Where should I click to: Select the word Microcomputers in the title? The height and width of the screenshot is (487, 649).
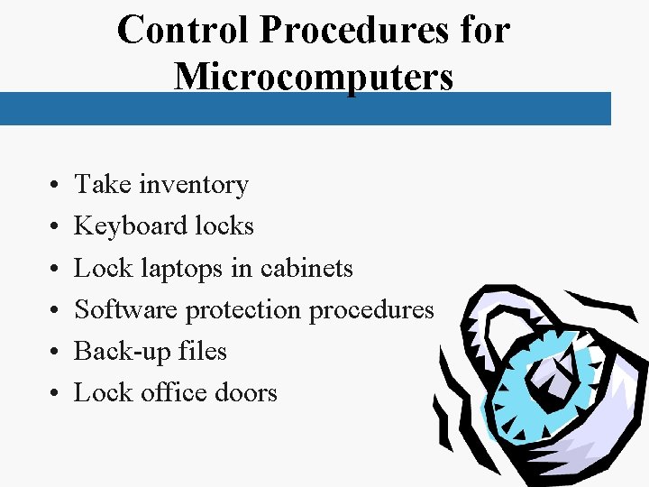point(314,76)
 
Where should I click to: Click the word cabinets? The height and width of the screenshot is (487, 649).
point(306,268)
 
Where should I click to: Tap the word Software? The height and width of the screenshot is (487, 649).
point(127,309)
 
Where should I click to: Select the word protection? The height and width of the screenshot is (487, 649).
point(243,310)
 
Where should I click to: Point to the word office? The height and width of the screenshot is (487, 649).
point(174,392)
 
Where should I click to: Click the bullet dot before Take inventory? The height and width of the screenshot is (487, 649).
point(56,186)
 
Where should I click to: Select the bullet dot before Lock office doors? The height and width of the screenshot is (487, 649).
point(56,394)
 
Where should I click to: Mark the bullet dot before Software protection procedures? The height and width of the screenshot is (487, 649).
point(56,311)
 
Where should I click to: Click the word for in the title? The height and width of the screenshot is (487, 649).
point(486,31)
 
